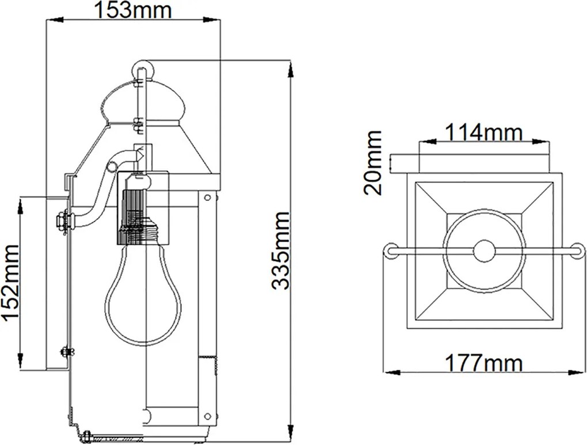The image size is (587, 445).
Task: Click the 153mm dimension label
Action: pos(133,10)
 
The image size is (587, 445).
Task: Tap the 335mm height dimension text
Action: pos(281,250)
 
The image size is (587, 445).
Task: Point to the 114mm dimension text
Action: pos(483,132)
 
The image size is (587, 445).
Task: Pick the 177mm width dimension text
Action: pos(483,363)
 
